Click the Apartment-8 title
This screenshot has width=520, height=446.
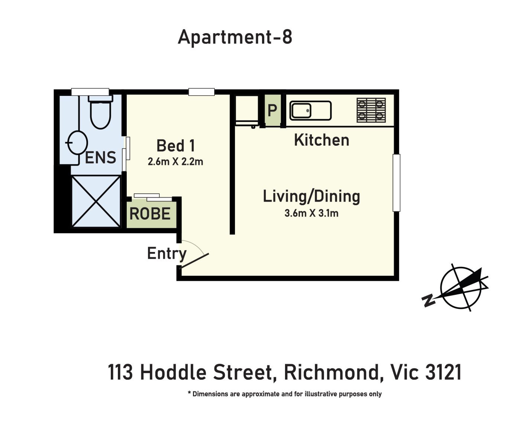[x=235, y=37]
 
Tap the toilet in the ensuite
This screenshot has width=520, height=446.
[x=100, y=113]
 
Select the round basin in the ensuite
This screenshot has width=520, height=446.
[x=77, y=143]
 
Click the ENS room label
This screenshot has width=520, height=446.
[x=101, y=158]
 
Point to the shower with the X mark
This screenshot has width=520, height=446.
[x=96, y=201]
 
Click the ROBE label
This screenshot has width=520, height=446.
[x=150, y=214]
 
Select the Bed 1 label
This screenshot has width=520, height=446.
[x=175, y=146]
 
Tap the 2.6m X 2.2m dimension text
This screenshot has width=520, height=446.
[x=175, y=162]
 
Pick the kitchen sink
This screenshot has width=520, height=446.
[x=310, y=110]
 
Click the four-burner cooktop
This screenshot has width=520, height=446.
[x=371, y=110]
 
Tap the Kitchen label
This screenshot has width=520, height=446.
[x=322, y=140]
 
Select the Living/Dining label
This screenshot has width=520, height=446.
[x=311, y=197]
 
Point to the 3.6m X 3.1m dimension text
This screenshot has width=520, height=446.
[x=311, y=213]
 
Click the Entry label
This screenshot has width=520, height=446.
[x=167, y=253]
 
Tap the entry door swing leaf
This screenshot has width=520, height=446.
[x=194, y=261]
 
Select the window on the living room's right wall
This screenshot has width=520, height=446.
[x=397, y=183]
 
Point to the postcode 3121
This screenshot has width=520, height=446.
[x=443, y=372]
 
